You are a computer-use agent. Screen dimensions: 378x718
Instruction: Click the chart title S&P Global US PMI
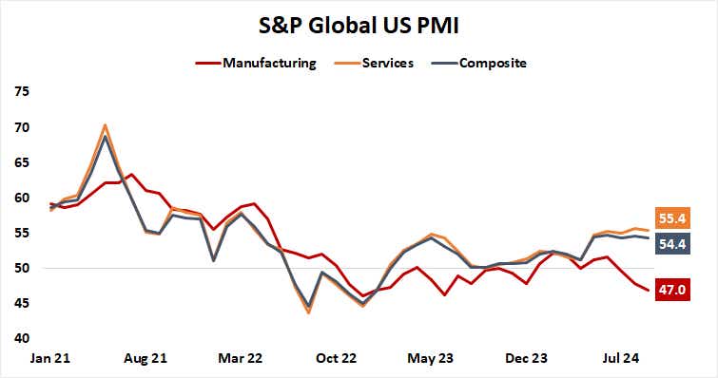point(359,25)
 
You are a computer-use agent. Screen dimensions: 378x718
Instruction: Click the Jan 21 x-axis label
point(52,358)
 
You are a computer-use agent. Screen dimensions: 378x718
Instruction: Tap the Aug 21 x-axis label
point(146,358)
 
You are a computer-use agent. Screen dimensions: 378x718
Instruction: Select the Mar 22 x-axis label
point(241,358)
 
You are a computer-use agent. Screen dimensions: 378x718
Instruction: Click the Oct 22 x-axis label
point(336,358)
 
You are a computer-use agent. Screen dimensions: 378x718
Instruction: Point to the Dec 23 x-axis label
point(525,358)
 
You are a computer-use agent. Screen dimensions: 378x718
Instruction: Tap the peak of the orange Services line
point(105,125)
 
